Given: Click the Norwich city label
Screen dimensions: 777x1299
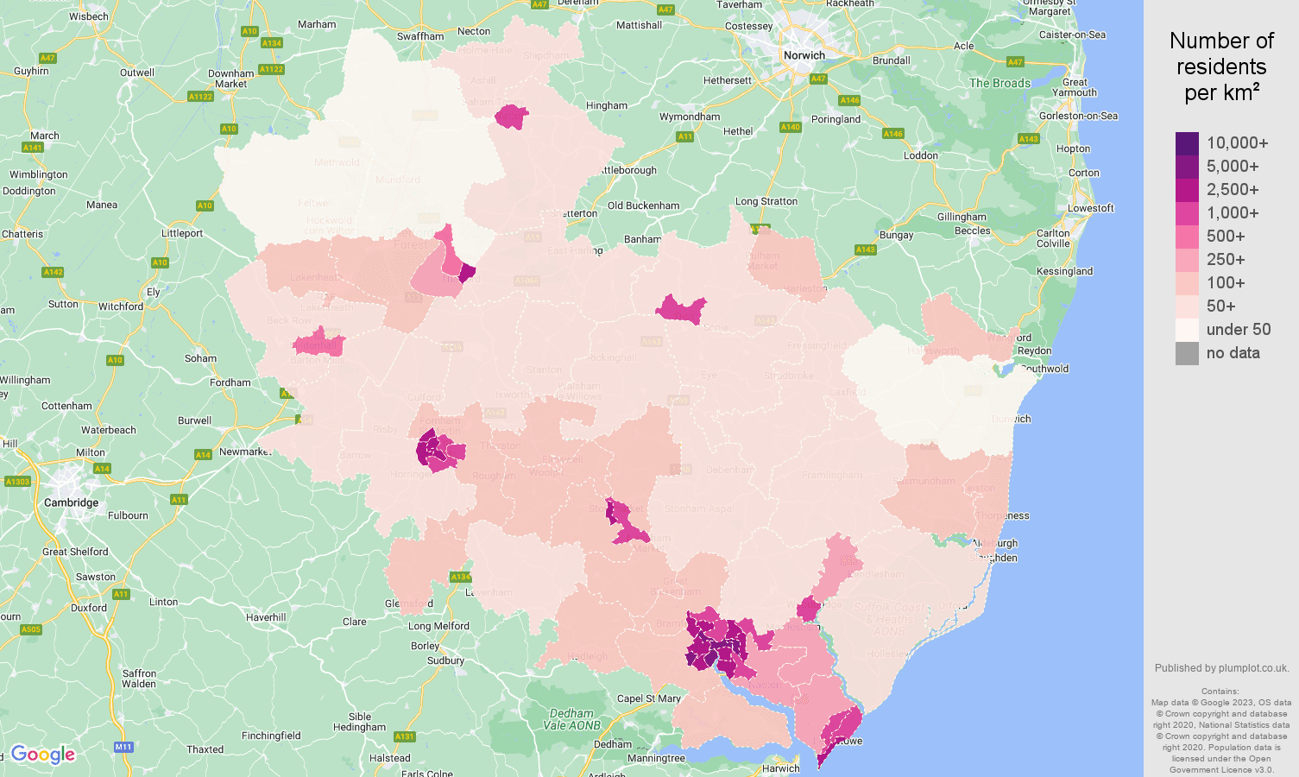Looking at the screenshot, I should point(804,55).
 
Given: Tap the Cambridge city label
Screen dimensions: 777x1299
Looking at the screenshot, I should point(71,502).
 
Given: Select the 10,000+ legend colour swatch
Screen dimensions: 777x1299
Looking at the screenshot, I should point(1187,143).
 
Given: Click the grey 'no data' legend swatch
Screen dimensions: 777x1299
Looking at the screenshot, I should point(1187,353).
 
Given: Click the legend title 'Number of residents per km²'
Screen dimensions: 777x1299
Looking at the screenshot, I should point(1221,66).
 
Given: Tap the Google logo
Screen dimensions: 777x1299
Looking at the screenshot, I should point(43,755).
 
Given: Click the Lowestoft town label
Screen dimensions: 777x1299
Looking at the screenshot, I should point(1090,208).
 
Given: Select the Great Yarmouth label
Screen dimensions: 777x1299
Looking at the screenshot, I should point(1075,87).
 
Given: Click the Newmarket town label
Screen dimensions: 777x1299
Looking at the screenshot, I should point(244,452).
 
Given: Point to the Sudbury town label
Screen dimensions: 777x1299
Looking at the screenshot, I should point(445,660).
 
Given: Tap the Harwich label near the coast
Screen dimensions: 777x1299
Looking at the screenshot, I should point(780,768).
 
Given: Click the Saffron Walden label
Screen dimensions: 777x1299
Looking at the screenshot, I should point(139,679).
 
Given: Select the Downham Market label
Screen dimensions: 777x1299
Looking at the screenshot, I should point(231,79).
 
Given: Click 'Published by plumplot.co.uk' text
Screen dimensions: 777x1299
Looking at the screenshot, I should point(1221,668).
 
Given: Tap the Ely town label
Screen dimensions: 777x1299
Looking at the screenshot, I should point(153,292).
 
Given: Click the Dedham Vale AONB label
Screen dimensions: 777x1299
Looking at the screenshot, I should point(571,719).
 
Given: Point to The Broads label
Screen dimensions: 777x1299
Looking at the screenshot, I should point(999,84).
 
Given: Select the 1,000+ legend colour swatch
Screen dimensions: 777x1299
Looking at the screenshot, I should point(1187,213).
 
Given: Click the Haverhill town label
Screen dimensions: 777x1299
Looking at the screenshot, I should point(266,617).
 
